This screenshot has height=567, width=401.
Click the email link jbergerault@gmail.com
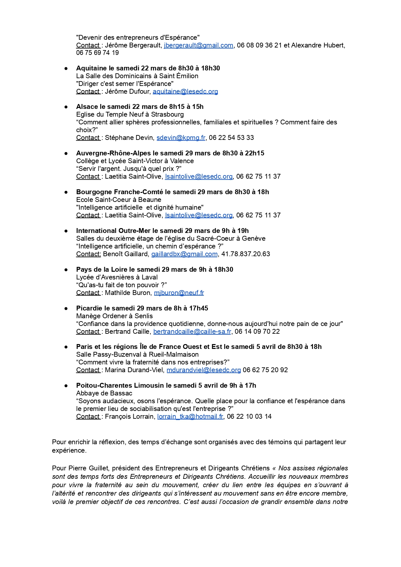(199, 45)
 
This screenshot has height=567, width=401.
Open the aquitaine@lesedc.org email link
(185, 91)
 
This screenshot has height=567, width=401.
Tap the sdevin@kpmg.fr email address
(181, 138)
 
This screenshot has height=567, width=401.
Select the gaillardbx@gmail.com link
(184, 254)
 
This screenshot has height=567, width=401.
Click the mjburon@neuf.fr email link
(179, 293)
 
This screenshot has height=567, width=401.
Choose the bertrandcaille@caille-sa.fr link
(192, 331)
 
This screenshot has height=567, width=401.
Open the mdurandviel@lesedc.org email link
(204, 370)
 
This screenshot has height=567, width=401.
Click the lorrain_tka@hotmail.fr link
(190, 416)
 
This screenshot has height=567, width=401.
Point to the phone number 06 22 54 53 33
(231, 138)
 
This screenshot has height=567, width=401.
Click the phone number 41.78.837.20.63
(246, 254)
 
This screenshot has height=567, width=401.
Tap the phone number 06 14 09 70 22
(257, 331)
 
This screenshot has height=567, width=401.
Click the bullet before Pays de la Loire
(66, 269)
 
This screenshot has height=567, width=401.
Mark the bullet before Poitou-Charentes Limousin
(66, 385)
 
